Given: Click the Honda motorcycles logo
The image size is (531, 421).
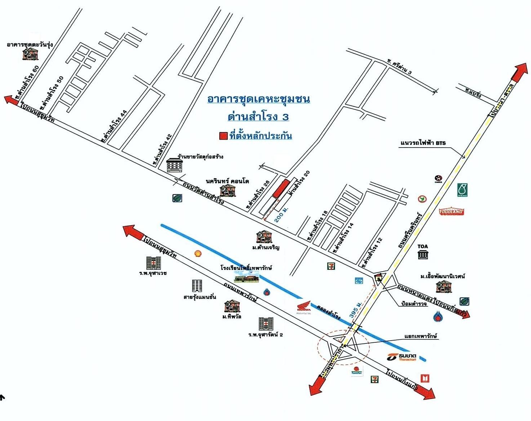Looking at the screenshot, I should click(x=303, y=308).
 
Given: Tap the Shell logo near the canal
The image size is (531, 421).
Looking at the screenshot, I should click(x=198, y=254).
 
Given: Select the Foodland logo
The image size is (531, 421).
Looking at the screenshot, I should click(x=451, y=211).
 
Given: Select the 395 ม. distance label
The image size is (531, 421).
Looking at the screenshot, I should click(x=355, y=309).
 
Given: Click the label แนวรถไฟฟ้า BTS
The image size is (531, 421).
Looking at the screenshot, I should click(x=423, y=143).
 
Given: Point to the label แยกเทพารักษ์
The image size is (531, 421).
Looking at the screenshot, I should click(x=420, y=336).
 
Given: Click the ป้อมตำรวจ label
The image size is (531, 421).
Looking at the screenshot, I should click(x=414, y=304).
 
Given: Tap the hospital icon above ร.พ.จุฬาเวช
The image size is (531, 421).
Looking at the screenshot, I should click(x=153, y=263).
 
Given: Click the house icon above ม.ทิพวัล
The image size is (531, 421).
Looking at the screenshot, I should click(x=231, y=307).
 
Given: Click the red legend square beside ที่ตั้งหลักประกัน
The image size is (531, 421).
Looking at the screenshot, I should click(x=223, y=136).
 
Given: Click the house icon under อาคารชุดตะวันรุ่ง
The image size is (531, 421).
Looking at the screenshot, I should click(x=30, y=54).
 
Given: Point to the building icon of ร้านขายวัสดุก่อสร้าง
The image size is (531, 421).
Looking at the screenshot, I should click(x=175, y=165).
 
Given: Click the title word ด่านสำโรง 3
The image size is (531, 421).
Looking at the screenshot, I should click(x=258, y=117).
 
